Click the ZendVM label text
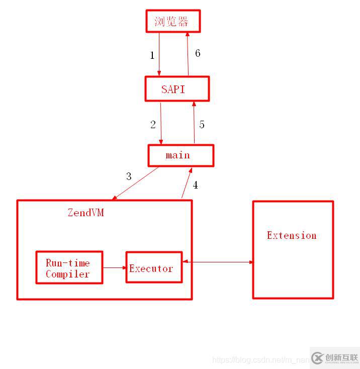pyautogui.click(x=85, y=213)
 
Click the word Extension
pyautogui.click(x=292, y=235)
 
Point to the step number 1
pyautogui.click(x=152, y=55)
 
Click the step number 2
pyautogui.click(x=153, y=125)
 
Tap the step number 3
pyautogui.click(x=129, y=176)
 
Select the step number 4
pyautogui.click(x=195, y=185)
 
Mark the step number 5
pyautogui.click(x=202, y=125)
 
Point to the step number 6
pyautogui.click(x=198, y=53)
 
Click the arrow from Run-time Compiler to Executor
pyautogui.click(x=115, y=267)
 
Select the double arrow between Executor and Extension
pyautogui.click(x=218, y=262)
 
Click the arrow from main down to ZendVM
pyautogui.click(x=136, y=183)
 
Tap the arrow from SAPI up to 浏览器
pyautogui.click(x=188, y=54)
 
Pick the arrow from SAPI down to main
pyautogui.click(x=161, y=123)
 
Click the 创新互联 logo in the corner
pyautogui.click(x=335, y=358)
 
